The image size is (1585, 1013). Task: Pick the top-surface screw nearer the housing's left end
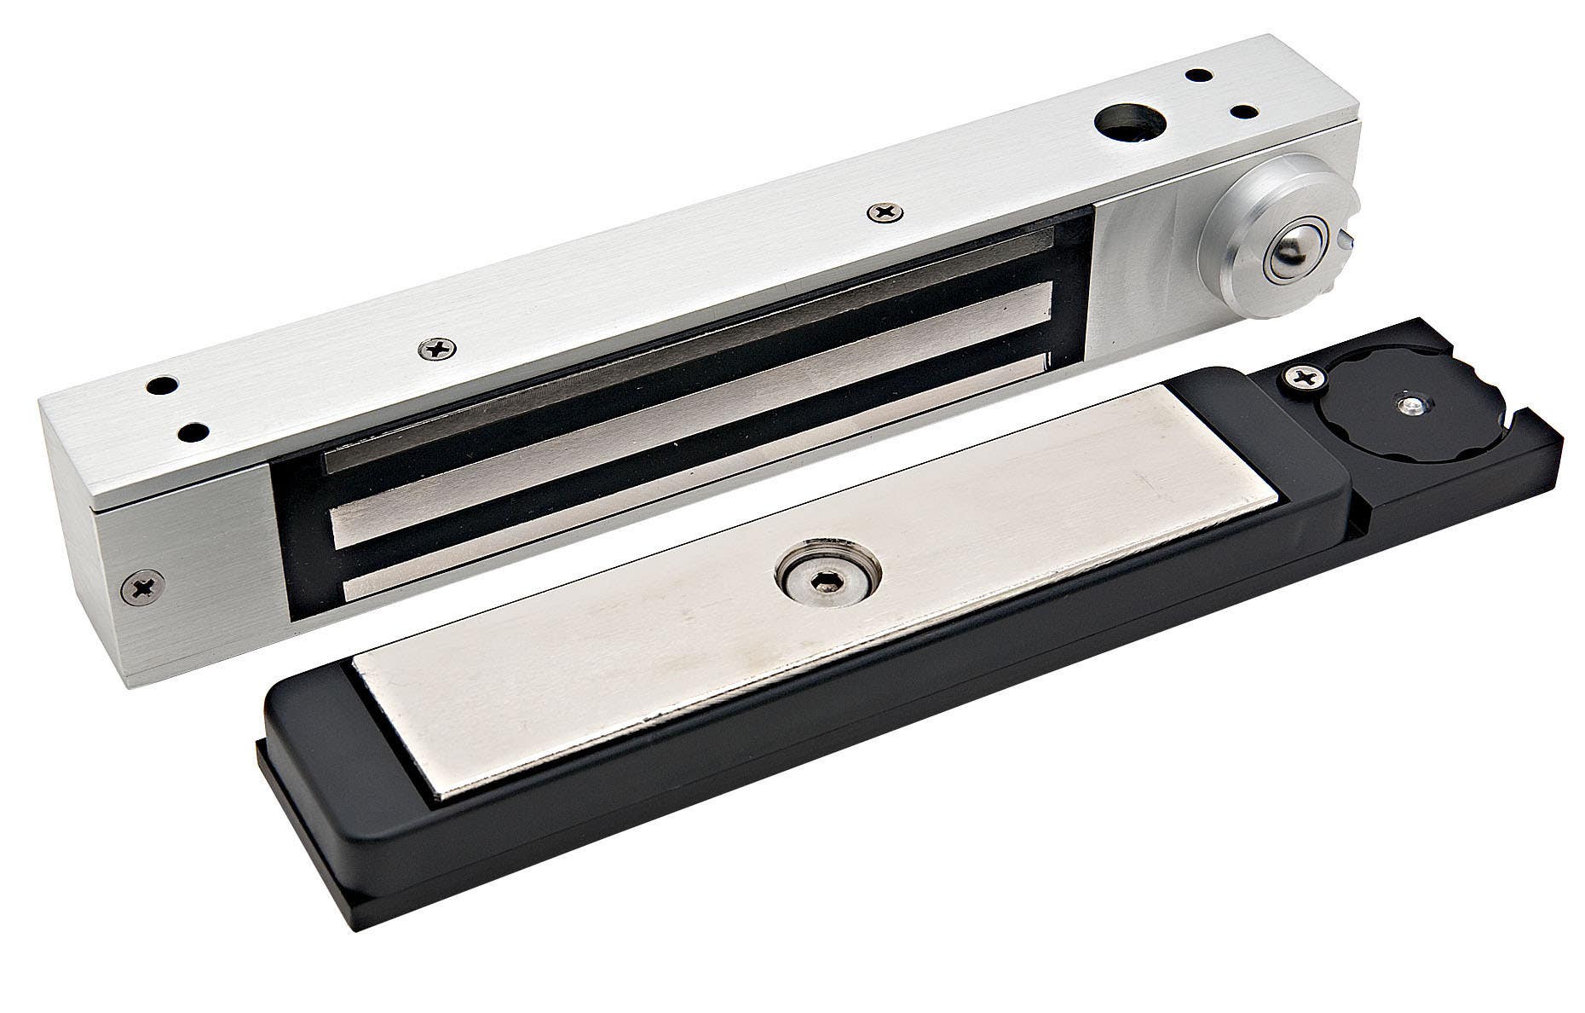(x=436, y=348)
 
